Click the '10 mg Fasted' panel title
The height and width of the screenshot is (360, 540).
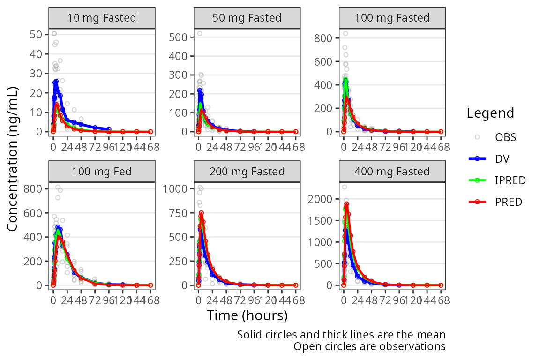point(102,18)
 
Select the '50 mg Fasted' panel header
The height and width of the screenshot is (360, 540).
point(247,18)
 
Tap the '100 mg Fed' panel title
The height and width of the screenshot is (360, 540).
point(102,172)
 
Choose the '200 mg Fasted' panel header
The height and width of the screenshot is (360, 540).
point(247,172)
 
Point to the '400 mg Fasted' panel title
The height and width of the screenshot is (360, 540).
point(392,172)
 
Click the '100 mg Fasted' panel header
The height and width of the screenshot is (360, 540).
point(392,18)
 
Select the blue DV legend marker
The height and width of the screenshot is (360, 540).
point(477,159)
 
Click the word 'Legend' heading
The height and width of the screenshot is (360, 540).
point(490,113)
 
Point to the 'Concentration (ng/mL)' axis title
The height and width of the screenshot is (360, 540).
point(13,159)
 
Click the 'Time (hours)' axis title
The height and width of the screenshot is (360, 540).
point(247,315)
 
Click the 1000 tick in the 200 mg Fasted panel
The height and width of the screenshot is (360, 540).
point(177,188)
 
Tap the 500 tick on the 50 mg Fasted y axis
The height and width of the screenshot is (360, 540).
point(180,37)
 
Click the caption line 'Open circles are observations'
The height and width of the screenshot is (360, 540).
point(369,346)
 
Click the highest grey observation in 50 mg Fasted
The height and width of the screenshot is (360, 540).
point(200,33)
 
